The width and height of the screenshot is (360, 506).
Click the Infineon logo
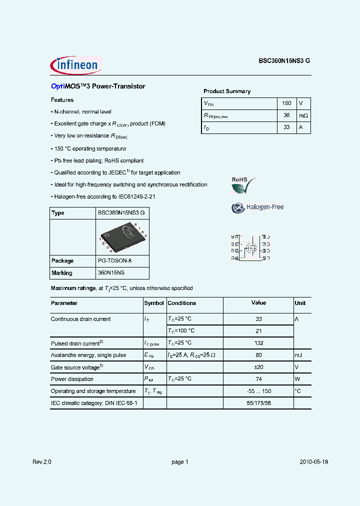click(x=75, y=64)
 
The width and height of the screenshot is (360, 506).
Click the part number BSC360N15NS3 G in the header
click(x=284, y=60)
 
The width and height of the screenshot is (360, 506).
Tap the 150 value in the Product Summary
click(x=286, y=103)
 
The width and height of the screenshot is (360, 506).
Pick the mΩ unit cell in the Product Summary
click(x=303, y=115)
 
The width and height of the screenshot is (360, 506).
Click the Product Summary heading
click(x=226, y=91)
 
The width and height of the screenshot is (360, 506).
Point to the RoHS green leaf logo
click(x=243, y=185)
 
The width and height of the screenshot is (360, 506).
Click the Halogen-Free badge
click(x=257, y=207)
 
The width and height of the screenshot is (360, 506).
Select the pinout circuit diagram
click(x=250, y=247)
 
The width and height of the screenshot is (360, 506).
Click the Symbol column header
click(x=154, y=303)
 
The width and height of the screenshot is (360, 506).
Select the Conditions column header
click(x=181, y=303)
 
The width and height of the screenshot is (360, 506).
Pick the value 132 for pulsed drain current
click(x=258, y=343)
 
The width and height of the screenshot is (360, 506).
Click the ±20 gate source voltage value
click(x=258, y=367)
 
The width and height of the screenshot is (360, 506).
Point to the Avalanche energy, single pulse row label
click(x=88, y=355)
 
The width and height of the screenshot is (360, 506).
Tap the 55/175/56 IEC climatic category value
click(x=258, y=403)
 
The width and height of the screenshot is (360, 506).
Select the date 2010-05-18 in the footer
click(x=314, y=462)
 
